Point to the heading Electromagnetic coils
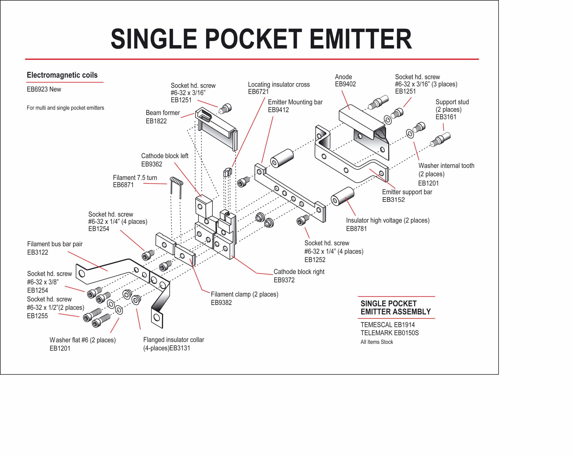pyautogui.click(x=62, y=75)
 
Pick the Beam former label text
pyautogui.click(x=163, y=113)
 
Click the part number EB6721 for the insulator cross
pyautogui.click(x=258, y=92)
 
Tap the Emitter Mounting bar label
pyautogui.click(x=295, y=102)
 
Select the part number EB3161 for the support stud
pyautogui.click(x=446, y=117)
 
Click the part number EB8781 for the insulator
pyautogui.click(x=356, y=229)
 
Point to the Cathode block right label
pyautogui.click(x=299, y=272)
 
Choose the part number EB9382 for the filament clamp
pyautogui.click(x=221, y=303)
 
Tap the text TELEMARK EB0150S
pyautogui.click(x=389, y=333)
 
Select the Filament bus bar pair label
pyautogui.click(x=55, y=244)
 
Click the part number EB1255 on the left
pyautogui.click(x=37, y=316)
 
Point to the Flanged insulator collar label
pyautogui.click(x=173, y=340)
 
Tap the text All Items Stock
pyautogui.click(x=377, y=342)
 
